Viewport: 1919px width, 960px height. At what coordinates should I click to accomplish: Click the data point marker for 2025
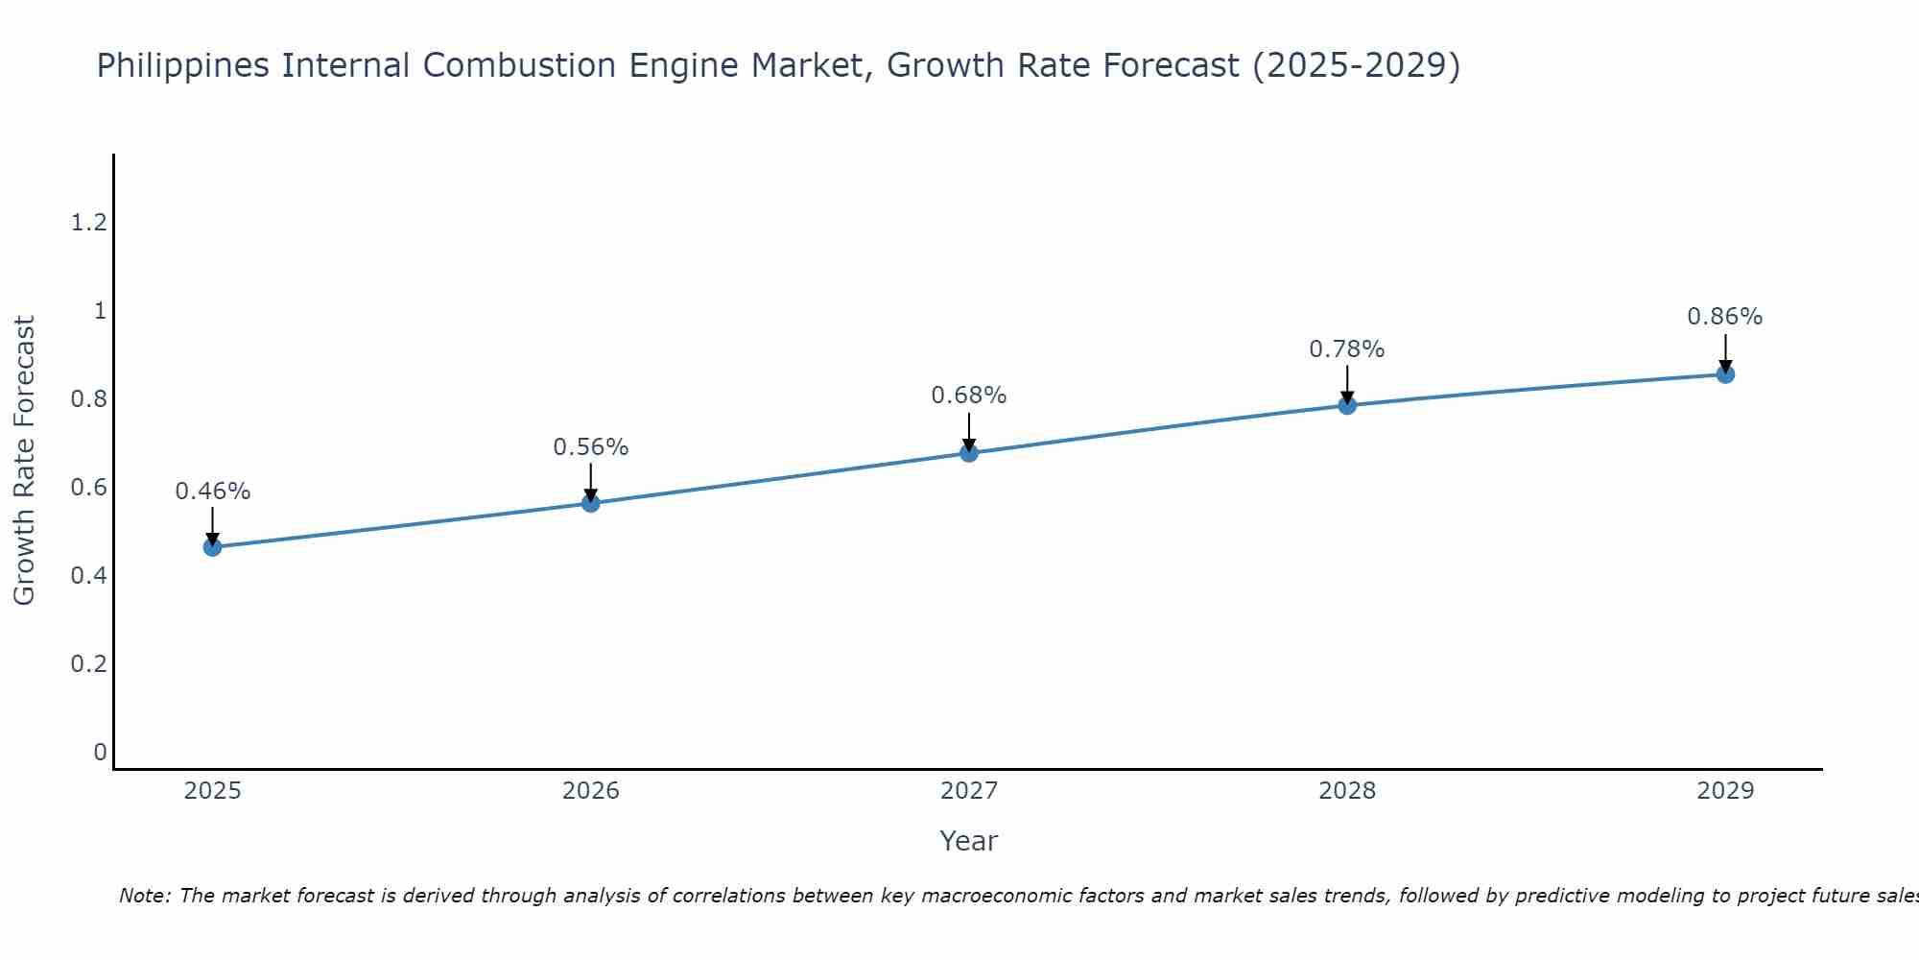[x=212, y=547]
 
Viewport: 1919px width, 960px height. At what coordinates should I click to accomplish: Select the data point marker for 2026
[x=590, y=503]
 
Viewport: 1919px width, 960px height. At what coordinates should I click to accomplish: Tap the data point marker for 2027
[x=969, y=452]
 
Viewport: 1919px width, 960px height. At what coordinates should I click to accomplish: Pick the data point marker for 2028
[x=1347, y=405]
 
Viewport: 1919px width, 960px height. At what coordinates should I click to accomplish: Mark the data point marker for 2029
[x=1725, y=374]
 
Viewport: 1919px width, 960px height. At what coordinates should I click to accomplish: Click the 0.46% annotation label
[x=212, y=492]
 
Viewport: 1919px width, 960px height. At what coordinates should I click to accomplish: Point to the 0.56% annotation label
[x=590, y=447]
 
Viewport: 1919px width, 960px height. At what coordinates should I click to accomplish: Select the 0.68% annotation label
[x=969, y=396]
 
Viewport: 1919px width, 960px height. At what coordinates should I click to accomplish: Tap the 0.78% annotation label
[x=1347, y=349]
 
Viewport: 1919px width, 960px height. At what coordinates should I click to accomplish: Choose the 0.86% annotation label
[x=1725, y=317]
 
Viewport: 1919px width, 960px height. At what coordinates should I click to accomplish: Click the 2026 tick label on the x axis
[x=590, y=791]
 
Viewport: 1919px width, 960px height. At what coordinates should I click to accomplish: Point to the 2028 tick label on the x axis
[x=1347, y=791]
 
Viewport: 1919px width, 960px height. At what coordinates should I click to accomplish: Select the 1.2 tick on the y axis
[x=88, y=224]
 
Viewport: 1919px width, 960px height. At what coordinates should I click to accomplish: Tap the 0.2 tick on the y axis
[x=88, y=664]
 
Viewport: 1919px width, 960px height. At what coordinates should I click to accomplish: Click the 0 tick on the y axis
[x=100, y=753]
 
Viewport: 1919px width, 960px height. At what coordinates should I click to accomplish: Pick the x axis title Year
[x=969, y=841]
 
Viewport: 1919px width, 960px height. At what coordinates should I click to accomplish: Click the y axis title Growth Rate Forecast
[x=24, y=461]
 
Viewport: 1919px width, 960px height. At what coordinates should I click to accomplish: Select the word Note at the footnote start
[x=144, y=896]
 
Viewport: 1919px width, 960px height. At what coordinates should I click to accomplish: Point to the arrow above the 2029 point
[x=1725, y=351]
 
